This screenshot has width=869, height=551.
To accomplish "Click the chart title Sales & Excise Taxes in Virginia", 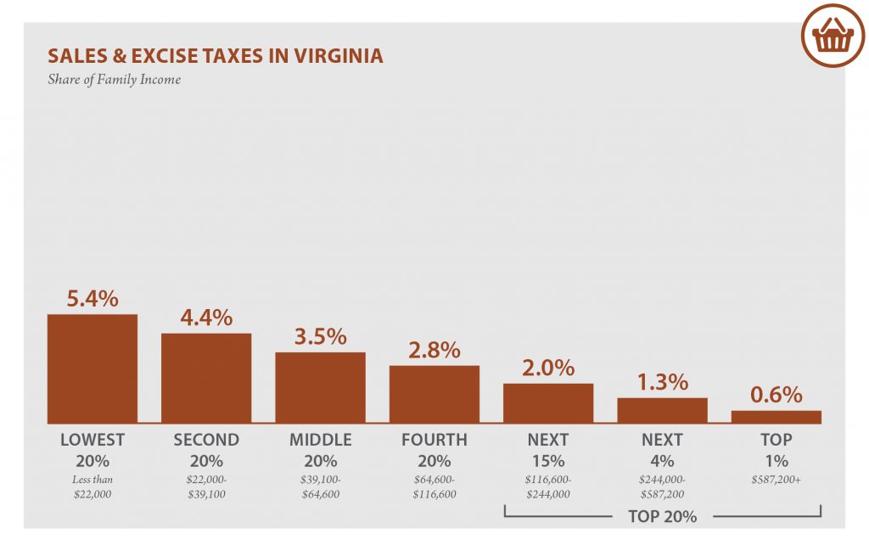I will point(216,56).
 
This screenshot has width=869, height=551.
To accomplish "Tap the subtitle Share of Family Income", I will point(114,81).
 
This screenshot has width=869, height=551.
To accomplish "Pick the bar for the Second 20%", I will point(206,378).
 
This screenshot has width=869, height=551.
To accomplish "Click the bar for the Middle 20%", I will point(320,387).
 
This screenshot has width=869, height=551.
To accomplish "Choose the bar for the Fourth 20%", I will point(434,394).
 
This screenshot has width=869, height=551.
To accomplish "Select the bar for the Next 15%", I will point(548,402).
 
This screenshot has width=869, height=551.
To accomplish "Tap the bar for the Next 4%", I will point(662,410).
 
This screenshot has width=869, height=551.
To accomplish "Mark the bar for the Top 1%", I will point(776,417).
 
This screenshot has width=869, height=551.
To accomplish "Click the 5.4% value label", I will point(92,299).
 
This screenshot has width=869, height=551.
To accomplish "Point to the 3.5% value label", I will point(320,336).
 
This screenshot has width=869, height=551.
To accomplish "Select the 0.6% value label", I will point(776,395).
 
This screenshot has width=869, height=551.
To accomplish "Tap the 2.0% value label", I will point(548,368).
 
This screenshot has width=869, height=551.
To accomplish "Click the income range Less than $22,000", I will point(92,486).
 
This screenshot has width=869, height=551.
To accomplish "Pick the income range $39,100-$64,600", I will point(320,486).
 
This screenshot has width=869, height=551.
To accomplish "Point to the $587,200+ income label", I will point(776,480).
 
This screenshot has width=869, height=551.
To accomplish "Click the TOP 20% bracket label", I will point(662,515).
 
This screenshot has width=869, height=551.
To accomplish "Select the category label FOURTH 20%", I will point(434,450).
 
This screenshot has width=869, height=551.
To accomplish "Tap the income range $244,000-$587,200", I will point(662,486).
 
